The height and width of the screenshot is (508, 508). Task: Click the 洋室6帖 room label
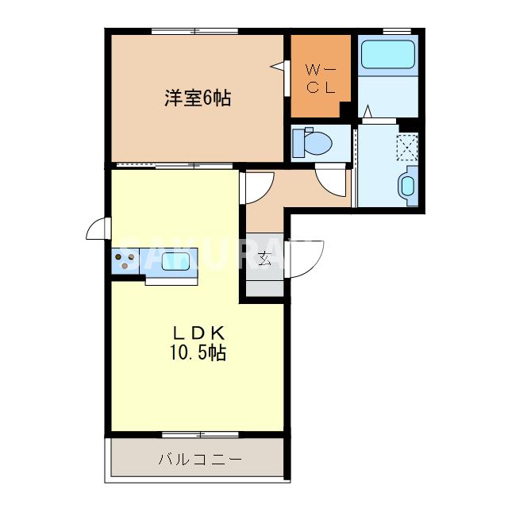pos(198,98)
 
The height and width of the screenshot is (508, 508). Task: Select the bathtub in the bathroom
pos(388,54)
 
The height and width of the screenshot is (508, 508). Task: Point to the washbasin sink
pos(406,187)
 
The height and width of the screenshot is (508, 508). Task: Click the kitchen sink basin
pos(177,260)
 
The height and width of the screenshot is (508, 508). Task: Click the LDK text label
pos(198,332)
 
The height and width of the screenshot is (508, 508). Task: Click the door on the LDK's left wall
pos(98,229)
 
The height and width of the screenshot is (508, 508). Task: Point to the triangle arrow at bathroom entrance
pos(368,110)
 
